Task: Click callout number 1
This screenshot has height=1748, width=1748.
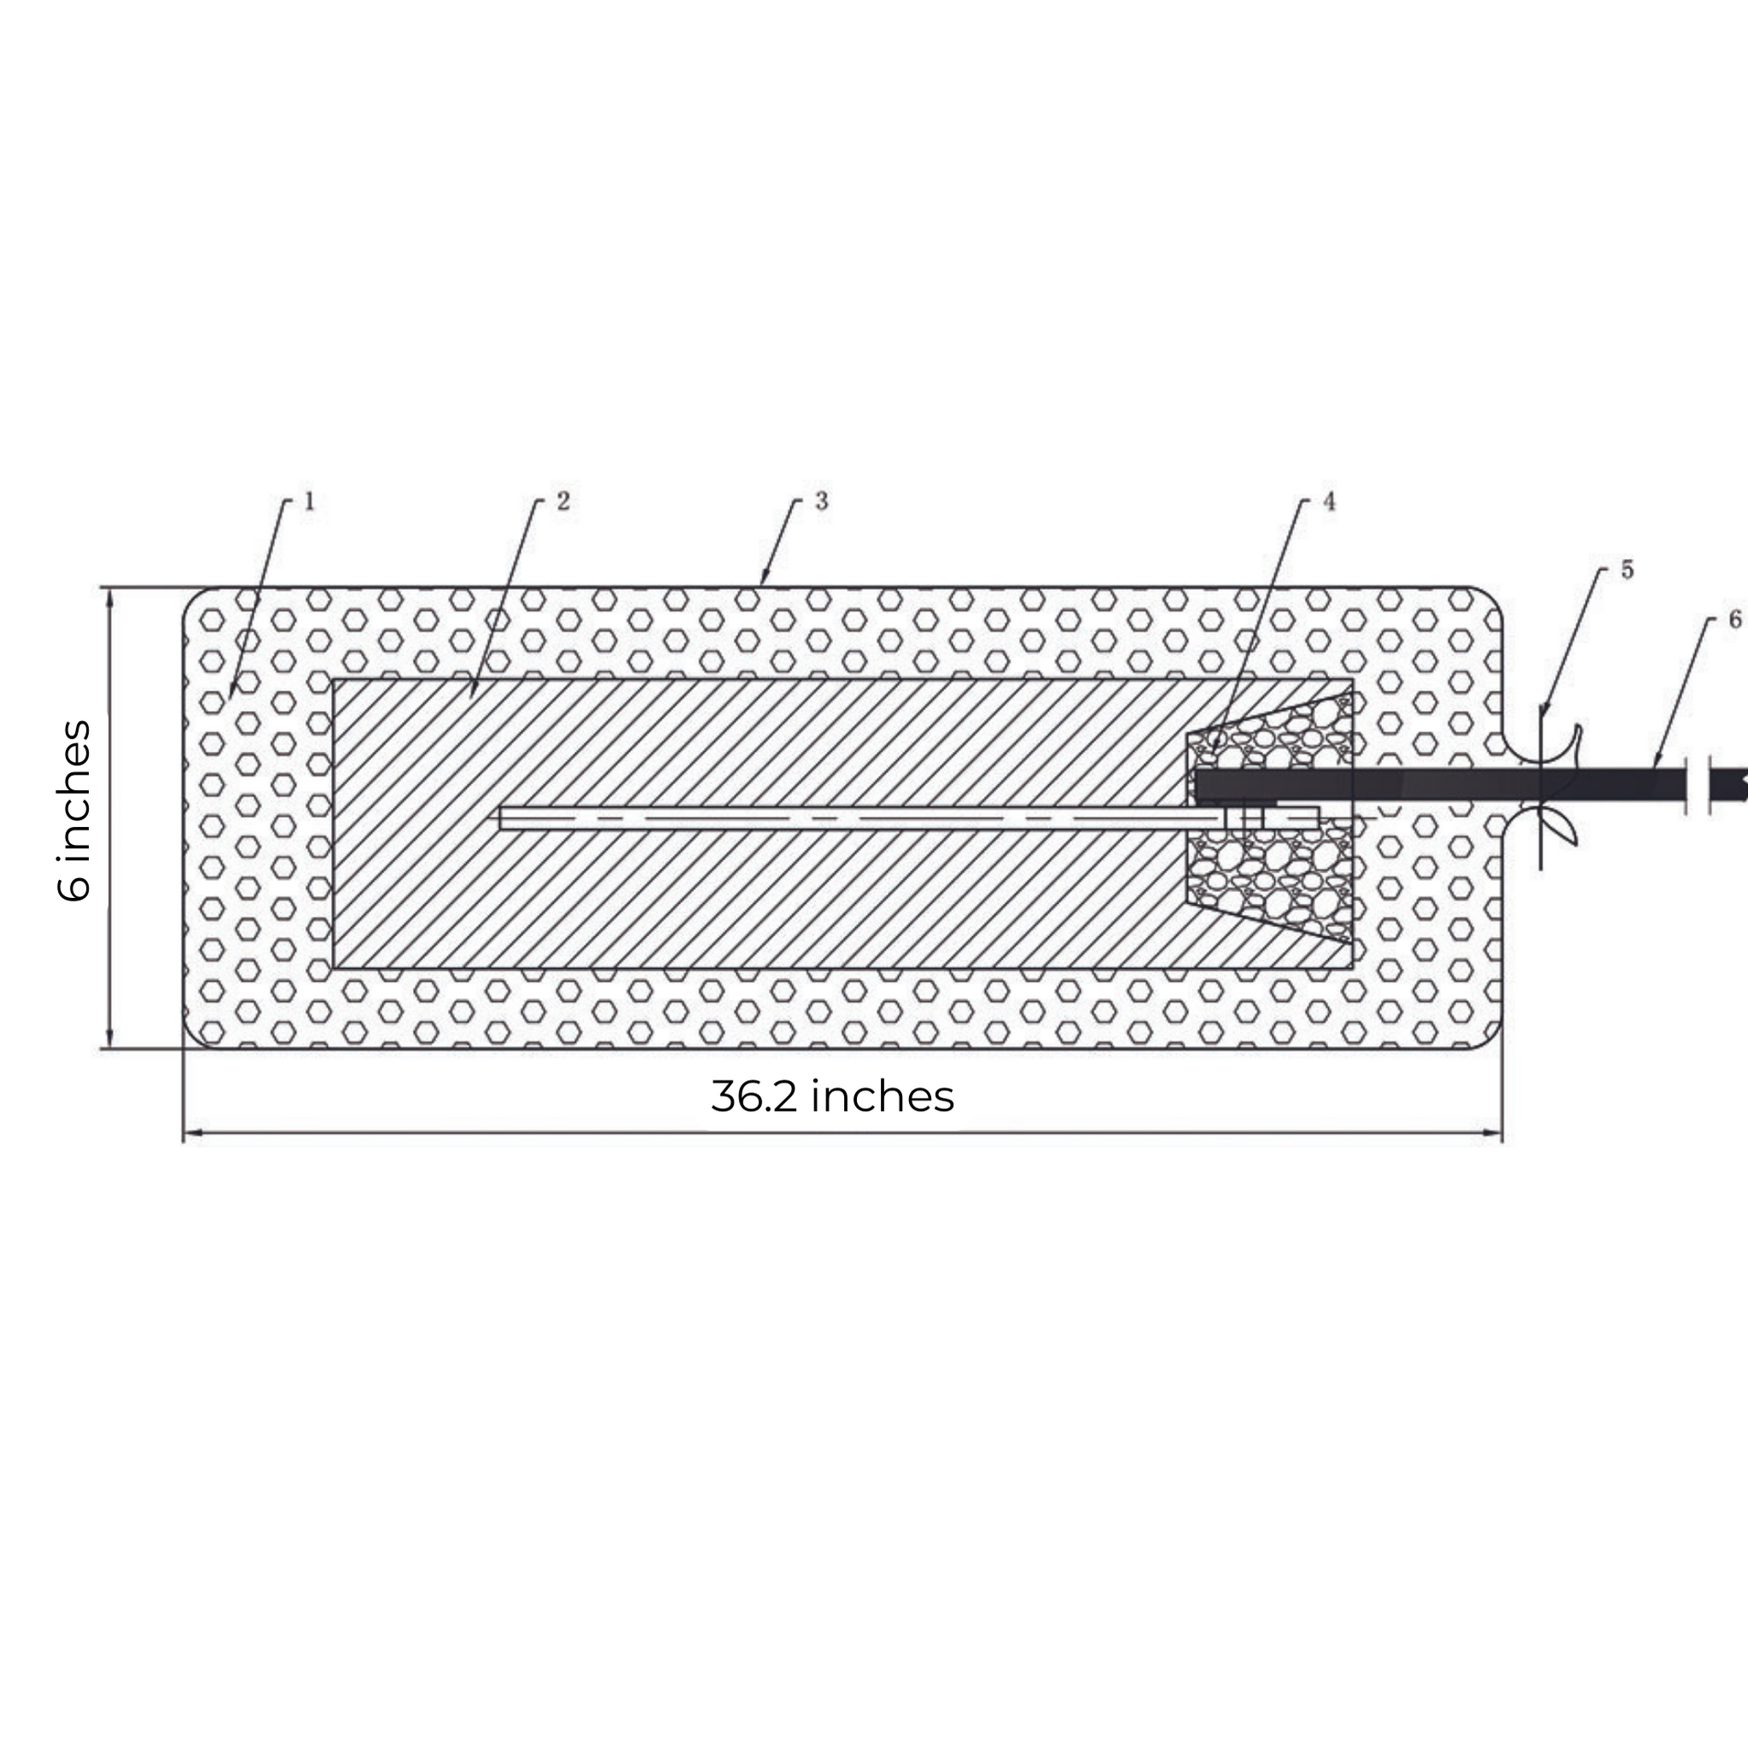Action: [309, 501]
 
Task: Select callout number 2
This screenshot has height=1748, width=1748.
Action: [563, 501]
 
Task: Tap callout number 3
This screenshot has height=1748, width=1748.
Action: [822, 500]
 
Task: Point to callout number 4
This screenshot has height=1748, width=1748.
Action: [1329, 501]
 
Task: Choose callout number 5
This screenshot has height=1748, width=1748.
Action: [1627, 570]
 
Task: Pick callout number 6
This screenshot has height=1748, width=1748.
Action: [1734, 620]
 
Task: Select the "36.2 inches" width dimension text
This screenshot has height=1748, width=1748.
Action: [831, 1096]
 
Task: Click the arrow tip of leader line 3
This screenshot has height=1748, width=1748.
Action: [763, 582]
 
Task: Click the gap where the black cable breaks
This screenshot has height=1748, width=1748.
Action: [1698, 783]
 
